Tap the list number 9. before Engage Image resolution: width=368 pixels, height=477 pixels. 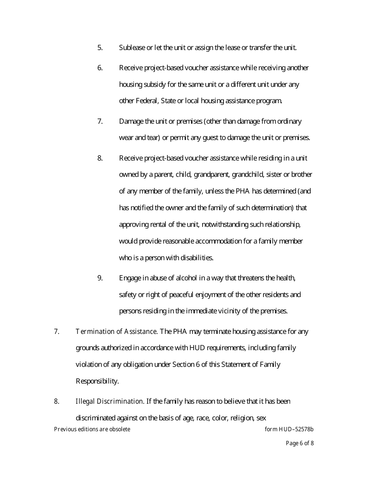coord(100,278)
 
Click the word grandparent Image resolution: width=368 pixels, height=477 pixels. coord(212,175)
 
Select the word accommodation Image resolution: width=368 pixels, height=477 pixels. coord(218,241)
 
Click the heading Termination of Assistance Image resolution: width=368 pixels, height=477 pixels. coord(116,332)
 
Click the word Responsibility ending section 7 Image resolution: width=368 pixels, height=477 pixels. coord(97,381)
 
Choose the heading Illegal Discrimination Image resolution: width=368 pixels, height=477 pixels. coord(110,401)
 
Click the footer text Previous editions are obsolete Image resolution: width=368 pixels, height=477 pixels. coord(92,429)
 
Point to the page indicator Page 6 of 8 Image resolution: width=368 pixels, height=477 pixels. coord(299,443)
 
